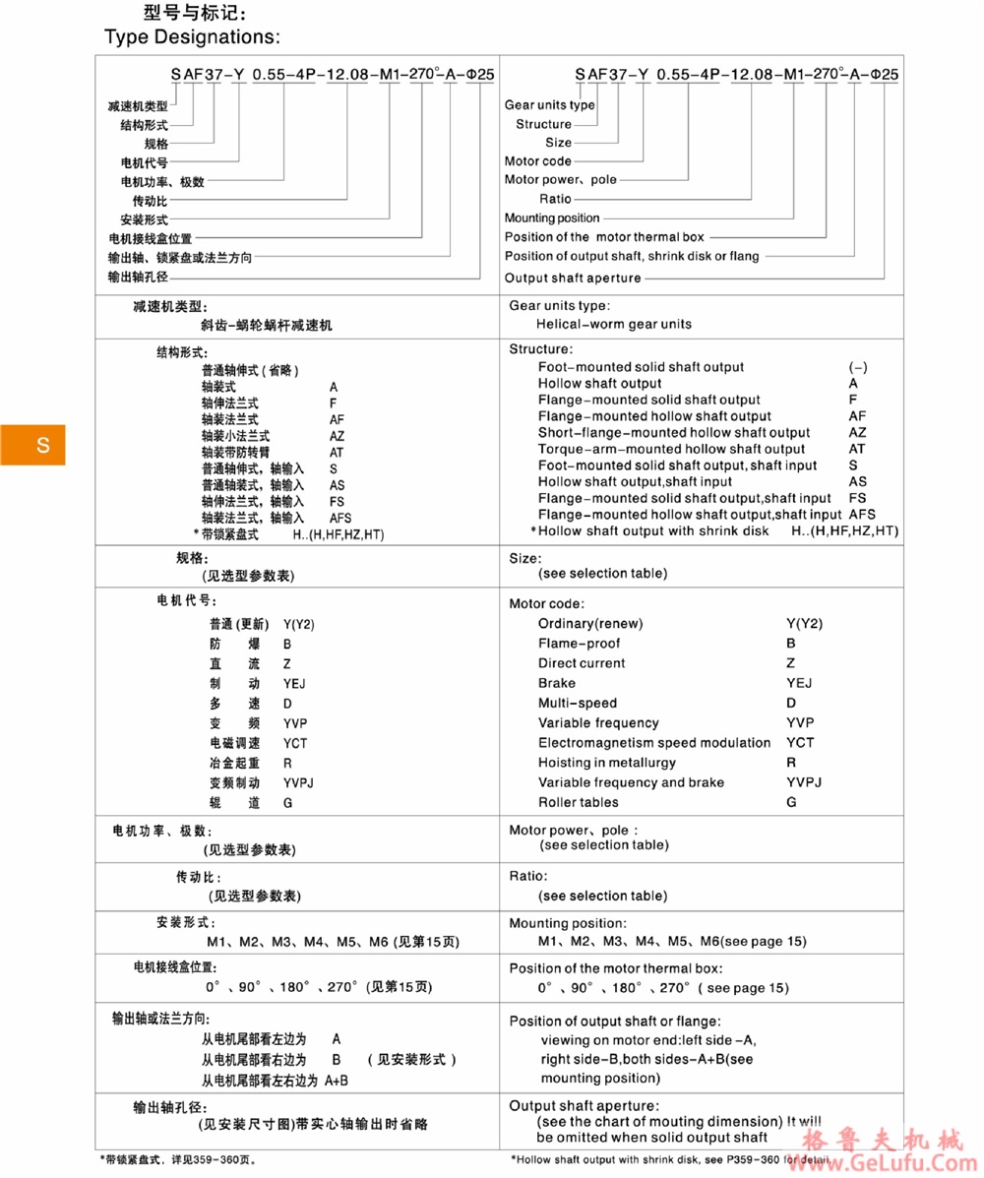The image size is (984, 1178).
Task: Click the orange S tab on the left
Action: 32,445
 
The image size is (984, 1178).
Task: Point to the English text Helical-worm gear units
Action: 614,324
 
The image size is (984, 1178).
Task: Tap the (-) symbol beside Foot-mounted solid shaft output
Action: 857,367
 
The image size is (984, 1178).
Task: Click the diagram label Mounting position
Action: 551,217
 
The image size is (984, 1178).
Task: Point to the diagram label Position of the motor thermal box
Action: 605,237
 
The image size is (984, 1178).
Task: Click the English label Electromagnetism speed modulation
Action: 654,743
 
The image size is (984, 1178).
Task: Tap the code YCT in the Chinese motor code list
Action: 295,743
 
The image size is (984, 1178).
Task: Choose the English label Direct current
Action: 582,663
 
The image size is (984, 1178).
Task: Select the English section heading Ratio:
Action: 528,876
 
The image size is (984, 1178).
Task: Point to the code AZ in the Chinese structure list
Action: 337,435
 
